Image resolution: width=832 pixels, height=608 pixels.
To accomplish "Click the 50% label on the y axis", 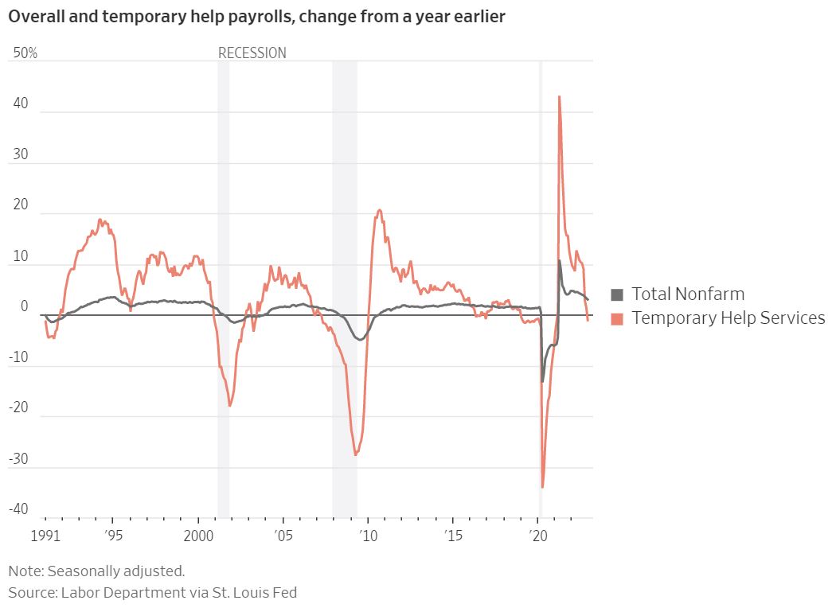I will coord(25,53).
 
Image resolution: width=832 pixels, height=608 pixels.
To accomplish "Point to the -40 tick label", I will coord(18,509).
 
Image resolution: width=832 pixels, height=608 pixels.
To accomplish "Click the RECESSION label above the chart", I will coord(252,53).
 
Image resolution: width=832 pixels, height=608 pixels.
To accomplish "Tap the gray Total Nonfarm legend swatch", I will coord(617,294).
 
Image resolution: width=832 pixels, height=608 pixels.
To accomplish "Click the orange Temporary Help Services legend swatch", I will coord(617,319).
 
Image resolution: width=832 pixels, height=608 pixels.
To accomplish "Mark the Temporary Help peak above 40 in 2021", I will coord(559,97).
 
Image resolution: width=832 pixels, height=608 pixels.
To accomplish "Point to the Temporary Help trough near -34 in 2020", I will coord(542,487).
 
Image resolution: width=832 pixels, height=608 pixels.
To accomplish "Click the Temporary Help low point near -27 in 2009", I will coord(355,454).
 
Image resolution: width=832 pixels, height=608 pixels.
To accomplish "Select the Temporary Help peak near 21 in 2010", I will coord(380,210).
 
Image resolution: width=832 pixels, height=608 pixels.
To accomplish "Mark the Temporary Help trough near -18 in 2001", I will coord(229,406).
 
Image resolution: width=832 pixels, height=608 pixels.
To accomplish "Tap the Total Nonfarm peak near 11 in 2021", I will coord(560,260).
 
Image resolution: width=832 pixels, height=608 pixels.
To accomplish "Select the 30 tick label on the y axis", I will coord(20,154).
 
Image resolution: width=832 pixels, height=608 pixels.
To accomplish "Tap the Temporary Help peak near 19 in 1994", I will coord(100,220).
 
